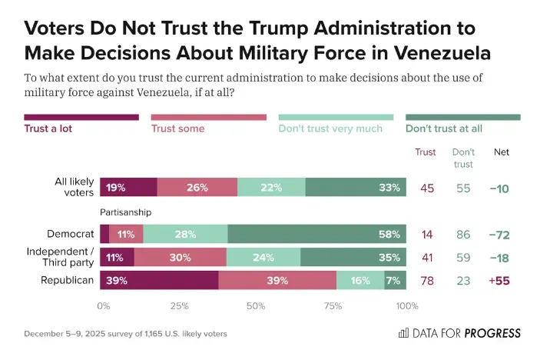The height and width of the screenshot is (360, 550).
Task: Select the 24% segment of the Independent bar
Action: click(263, 258)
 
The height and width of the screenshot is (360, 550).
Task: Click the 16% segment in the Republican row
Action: click(360, 281)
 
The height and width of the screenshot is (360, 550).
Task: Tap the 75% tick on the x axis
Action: click(332, 306)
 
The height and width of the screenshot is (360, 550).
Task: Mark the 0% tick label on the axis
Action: click(104, 306)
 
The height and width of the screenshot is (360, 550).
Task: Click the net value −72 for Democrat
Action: click(501, 234)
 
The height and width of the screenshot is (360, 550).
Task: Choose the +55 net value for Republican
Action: click(501, 281)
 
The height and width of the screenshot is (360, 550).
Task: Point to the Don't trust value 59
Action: click(462, 258)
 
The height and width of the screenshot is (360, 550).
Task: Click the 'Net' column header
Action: click(501, 152)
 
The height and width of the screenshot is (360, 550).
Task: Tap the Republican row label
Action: click(68, 281)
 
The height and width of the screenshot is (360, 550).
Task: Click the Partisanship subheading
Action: click(125, 212)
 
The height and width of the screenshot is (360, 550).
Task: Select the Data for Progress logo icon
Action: click(404, 333)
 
